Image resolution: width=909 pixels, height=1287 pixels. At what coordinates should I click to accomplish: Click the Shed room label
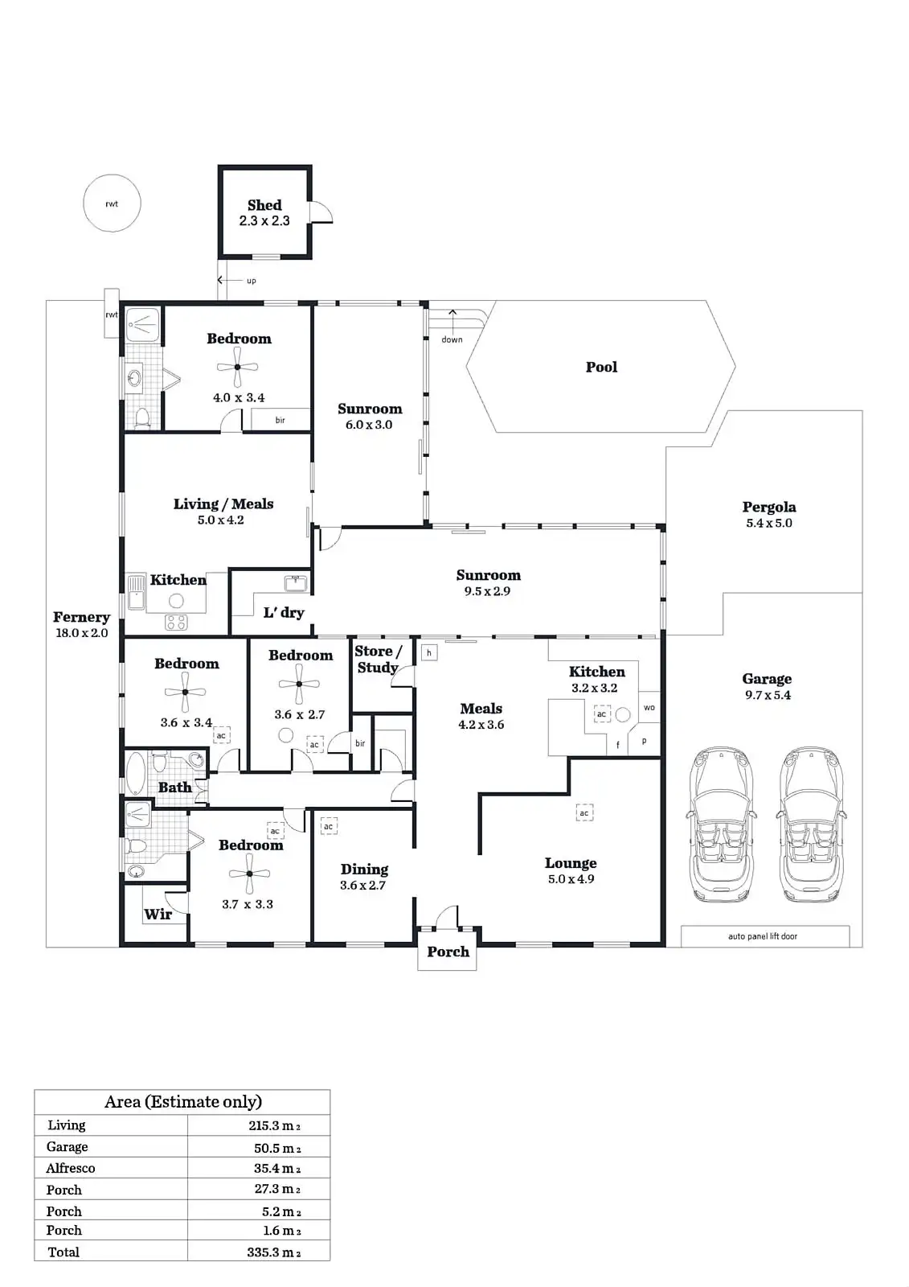264,205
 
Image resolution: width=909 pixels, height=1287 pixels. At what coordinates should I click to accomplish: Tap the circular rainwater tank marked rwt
113,204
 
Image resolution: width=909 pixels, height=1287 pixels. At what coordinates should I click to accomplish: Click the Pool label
601,367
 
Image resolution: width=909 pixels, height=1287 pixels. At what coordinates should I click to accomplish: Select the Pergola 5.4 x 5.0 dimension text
768,523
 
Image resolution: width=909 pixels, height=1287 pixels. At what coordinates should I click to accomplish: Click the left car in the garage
722,825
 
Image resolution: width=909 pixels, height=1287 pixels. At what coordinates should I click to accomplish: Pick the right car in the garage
813,825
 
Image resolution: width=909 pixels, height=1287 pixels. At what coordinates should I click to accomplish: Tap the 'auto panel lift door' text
763,936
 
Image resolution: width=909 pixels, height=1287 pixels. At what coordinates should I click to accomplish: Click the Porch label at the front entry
448,952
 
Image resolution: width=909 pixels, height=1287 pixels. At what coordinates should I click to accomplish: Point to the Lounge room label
571,863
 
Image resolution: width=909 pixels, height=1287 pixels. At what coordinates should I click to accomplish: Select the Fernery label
81,617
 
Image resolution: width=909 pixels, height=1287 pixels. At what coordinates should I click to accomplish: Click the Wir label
158,914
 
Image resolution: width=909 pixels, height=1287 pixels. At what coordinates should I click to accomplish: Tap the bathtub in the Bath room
136,774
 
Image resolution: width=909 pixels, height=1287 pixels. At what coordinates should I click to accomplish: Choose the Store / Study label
378,659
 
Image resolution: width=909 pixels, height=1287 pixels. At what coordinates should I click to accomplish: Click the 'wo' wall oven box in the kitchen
649,708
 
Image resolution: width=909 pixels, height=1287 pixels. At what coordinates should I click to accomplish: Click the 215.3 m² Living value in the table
274,1125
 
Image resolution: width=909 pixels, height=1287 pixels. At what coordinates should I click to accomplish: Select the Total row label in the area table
63,1252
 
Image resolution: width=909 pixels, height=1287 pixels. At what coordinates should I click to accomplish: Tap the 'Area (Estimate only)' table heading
183,1102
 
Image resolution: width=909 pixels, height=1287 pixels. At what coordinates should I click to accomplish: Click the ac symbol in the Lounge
584,813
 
